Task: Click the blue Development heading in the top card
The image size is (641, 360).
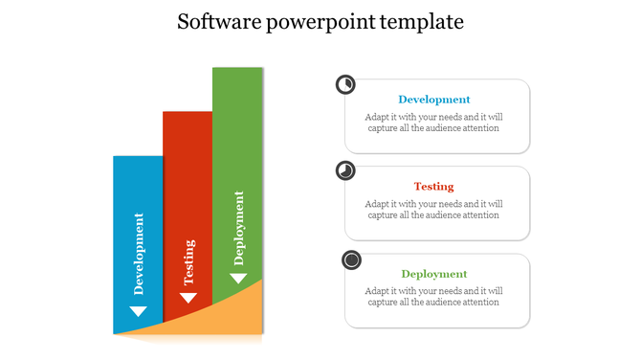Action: coord(434,100)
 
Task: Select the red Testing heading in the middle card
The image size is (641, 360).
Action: coord(434,187)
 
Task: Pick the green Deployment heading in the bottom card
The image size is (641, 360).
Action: coord(434,274)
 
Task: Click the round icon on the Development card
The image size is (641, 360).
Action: coord(345,85)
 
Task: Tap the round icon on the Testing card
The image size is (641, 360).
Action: coord(345,171)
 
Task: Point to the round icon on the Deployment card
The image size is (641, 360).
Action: coord(352,259)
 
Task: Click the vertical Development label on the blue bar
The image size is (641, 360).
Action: coord(140,254)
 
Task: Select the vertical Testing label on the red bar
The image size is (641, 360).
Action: coord(189,262)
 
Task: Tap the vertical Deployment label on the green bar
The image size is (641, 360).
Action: coord(239,228)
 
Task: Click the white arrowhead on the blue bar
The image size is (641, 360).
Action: coord(139,311)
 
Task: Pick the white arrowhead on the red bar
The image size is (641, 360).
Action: coord(188,298)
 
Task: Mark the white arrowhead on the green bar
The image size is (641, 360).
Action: coord(238,278)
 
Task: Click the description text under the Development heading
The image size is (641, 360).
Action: coord(434,123)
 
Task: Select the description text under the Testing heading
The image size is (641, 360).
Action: coord(434,210)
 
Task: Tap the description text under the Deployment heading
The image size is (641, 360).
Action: coord(434,297)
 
